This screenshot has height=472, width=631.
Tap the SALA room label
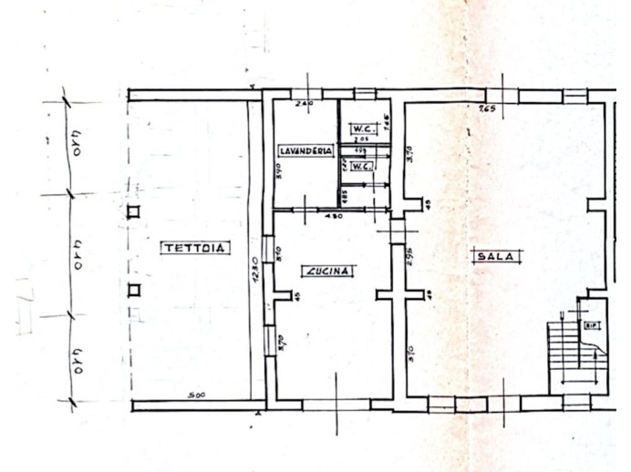495,257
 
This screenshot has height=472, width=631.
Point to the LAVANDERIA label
305,150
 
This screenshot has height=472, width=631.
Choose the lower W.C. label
361,167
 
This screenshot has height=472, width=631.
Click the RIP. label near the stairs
592,324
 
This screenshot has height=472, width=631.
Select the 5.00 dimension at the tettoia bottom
193,395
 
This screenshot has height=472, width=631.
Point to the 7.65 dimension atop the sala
486,110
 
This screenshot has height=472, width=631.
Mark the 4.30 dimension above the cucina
334,217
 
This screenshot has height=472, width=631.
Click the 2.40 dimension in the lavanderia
305,105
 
